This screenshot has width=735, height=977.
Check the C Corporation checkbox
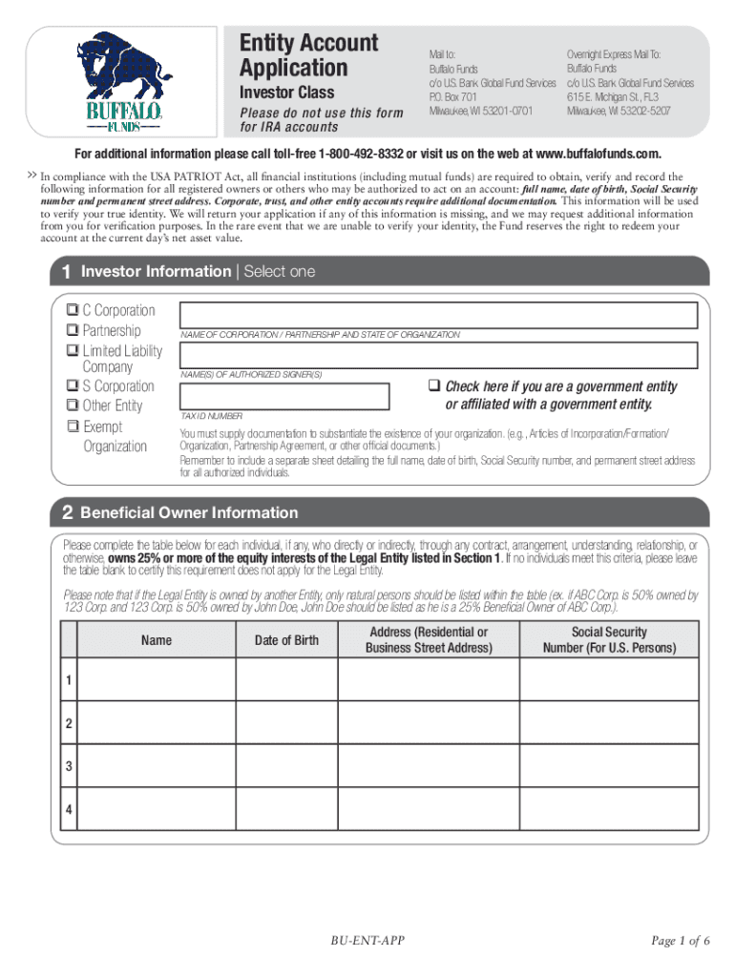click(72, 311)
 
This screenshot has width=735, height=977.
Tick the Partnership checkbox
click(72, 331)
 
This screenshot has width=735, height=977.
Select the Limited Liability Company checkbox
click(72, 351)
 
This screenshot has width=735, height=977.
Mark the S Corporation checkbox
click(72, 386)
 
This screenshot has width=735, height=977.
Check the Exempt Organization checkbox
click(72, 427)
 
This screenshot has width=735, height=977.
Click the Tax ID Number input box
click(283, 396)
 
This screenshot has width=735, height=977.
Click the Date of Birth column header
click(286, 640)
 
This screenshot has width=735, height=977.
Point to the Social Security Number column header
click(609, 640)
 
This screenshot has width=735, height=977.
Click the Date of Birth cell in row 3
click(286, 767)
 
